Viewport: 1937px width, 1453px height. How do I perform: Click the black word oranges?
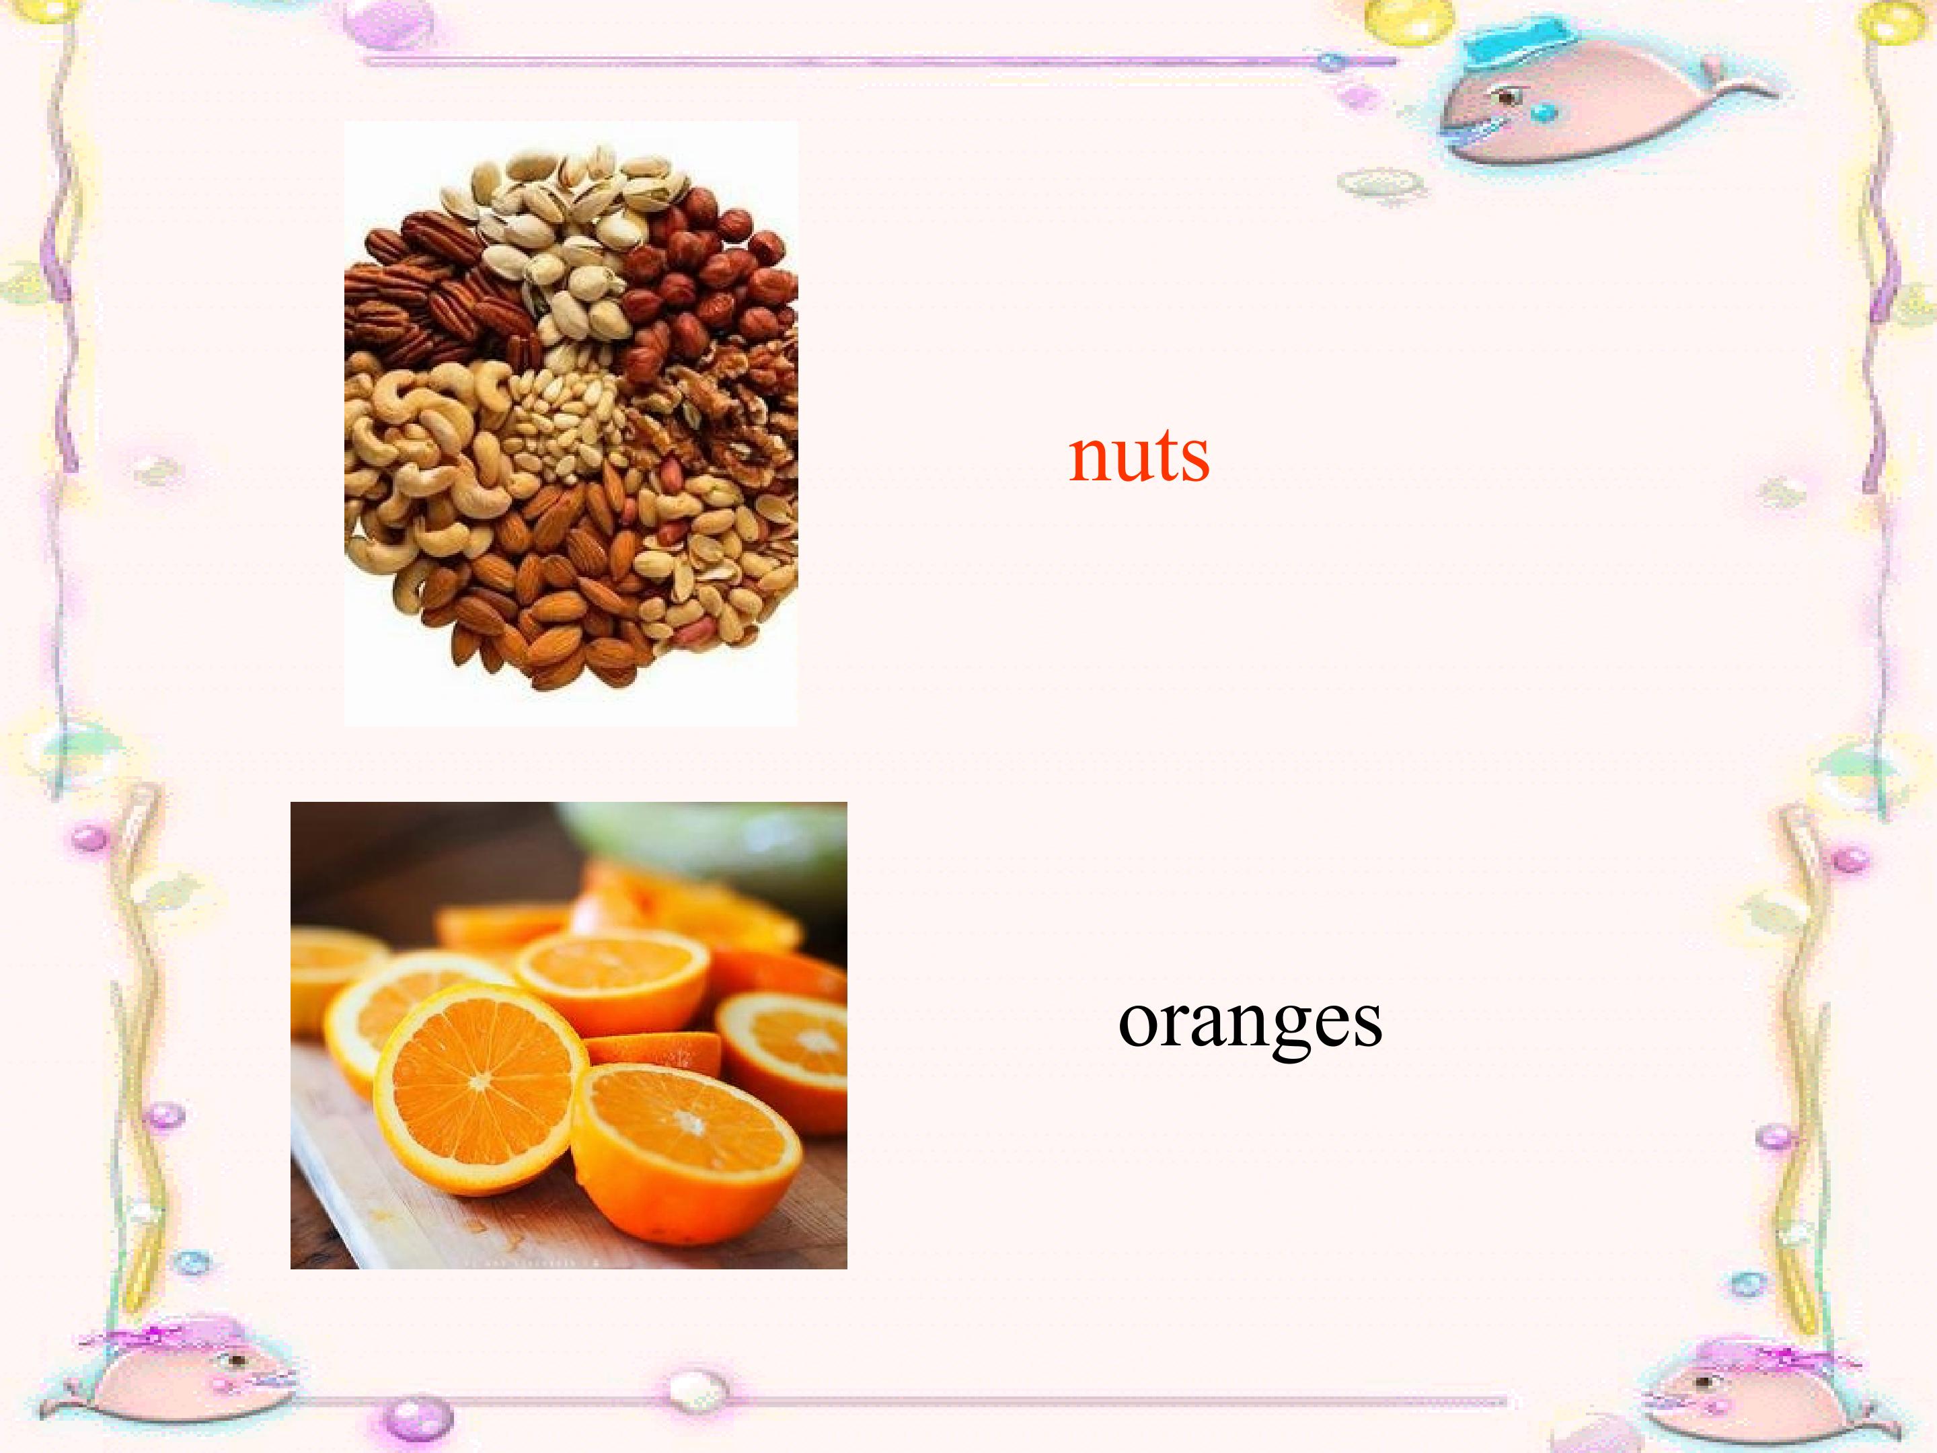1250,1023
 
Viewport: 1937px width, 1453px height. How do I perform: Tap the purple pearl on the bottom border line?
418,1415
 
